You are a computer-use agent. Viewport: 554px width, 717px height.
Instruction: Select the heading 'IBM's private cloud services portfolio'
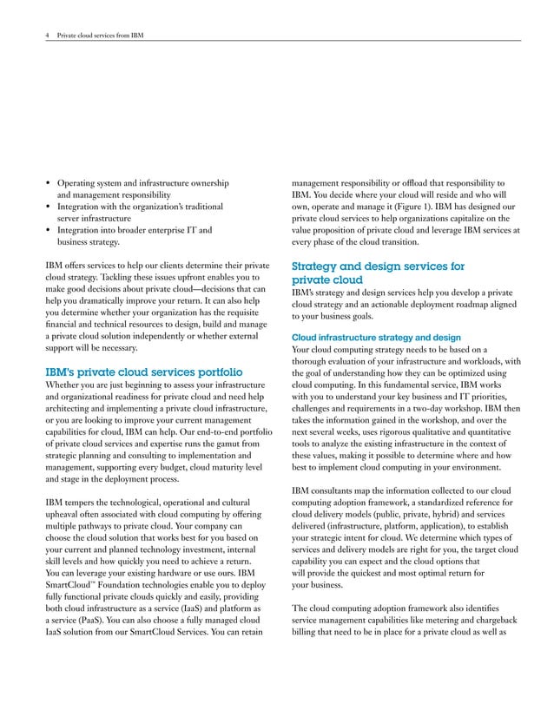(143, 373)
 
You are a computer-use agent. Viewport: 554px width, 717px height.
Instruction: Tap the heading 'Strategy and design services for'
(379, 266)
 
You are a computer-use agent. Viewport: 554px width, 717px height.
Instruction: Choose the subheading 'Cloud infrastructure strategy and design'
(376, 337)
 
